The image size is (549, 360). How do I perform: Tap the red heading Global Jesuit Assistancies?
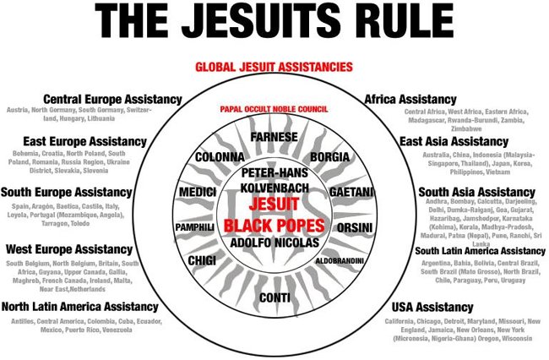(x=274, y=67)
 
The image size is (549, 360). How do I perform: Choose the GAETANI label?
(x=349, y=193)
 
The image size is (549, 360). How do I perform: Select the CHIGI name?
(x=202, y=260)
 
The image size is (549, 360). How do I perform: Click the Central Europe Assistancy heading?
(x=112, y=99)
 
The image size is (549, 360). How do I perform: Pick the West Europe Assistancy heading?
(x=75, y=249)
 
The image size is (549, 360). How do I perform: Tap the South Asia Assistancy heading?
(x=476, y=192)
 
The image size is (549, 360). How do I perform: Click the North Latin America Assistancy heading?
(x=79, y=307)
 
